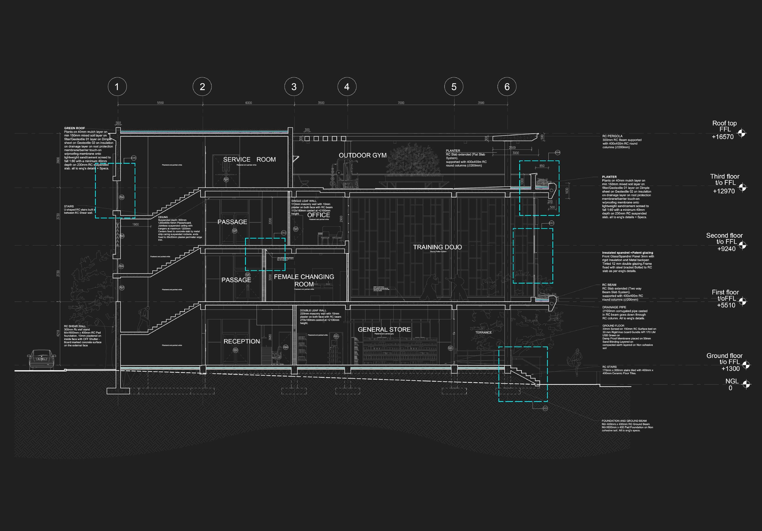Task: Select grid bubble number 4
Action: point(347,87)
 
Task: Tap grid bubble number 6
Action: point(507,87)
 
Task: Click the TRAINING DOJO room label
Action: point(437,247)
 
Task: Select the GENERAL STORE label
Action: point(384,329)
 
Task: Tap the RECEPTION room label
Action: point(242,341)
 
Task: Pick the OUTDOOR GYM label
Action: point(362,155)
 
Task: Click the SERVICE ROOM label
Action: point(249,159)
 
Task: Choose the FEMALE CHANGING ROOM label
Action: point(304,280)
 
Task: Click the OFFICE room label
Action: point(319,215)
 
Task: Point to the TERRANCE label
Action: point(483,332)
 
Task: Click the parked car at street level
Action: point(41,359)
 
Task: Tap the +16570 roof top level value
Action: point(722,137)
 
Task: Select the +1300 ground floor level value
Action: point(730,368)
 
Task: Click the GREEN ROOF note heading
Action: point(74,128)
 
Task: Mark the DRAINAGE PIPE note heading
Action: point(614,307)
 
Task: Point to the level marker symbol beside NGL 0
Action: point(746,384)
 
